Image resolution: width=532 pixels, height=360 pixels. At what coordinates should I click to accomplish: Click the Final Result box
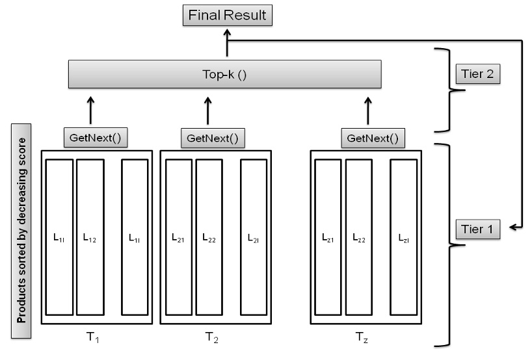227,15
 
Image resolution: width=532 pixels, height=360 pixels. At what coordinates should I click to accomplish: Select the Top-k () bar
224,74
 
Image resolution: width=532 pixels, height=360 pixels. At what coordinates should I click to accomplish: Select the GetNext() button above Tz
369,138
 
